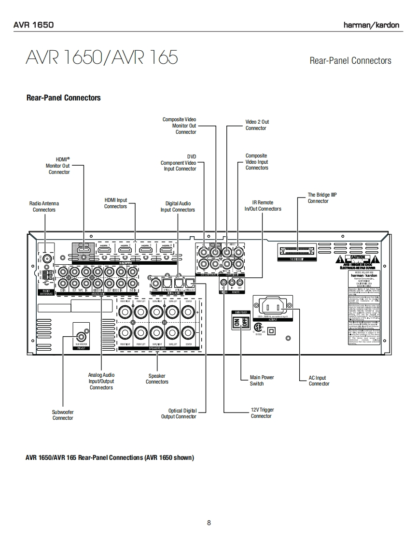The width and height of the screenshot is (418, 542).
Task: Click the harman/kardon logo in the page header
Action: [x=371, y=25]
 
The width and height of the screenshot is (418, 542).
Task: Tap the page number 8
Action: [x=209, y=522]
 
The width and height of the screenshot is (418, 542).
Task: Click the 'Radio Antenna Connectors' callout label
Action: [x=44, y=207]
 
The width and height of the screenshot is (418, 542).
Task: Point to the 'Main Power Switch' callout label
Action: [x=261, y=380]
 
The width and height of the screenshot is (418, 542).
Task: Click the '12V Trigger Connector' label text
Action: [x=262, y=413]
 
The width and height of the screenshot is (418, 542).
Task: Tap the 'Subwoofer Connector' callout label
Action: [x=63, y=414]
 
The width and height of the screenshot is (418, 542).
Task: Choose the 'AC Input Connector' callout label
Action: [x=319, y=381]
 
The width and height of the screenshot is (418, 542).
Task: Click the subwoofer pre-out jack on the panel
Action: [x=82, y=334]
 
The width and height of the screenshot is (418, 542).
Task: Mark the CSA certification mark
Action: [x=257, y=327]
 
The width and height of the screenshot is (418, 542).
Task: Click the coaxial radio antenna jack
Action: [x=47, y=258]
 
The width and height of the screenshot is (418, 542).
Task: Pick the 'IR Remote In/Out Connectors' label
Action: [x=263, y=206]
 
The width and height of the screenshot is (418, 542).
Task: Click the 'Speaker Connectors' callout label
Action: [x=157, y=379]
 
